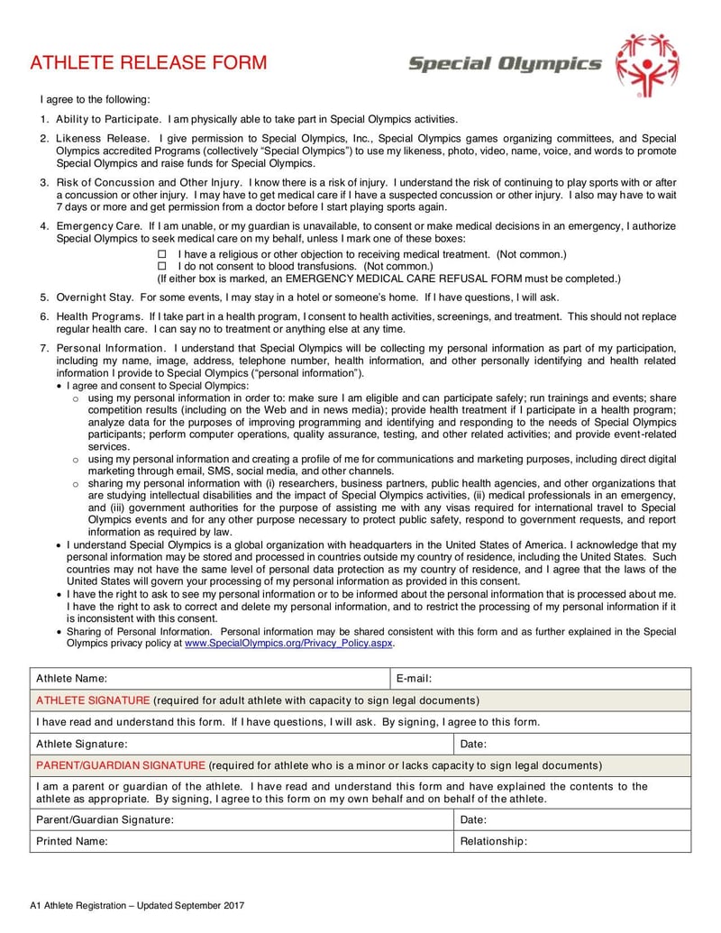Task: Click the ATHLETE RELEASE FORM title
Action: (x=149, y=62)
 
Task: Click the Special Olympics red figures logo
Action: (x=646, y=64)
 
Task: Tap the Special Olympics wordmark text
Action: (x=504, y=64)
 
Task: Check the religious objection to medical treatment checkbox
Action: (x=163, y=255)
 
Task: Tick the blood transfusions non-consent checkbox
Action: (x=163, y=267)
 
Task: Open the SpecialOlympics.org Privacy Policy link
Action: (x=289, y=644)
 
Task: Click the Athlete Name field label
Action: (x=71, y=678)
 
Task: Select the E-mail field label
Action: (x=415, y=678)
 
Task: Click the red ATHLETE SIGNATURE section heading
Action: (x=93, y=700)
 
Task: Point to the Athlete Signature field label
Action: (x=81, y=744)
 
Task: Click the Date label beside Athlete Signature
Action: (x=473, y=744)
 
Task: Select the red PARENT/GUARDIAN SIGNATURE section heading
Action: (x=121, y=765)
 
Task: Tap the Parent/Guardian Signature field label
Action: (x=105, y=819)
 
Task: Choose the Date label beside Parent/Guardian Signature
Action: (x=473, y=819)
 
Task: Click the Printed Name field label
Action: (x=71, y=841)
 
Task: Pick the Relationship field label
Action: (x=493, y=841)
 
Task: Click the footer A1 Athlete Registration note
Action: (x=137, y=905)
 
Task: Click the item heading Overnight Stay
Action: (x=95, y=297)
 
